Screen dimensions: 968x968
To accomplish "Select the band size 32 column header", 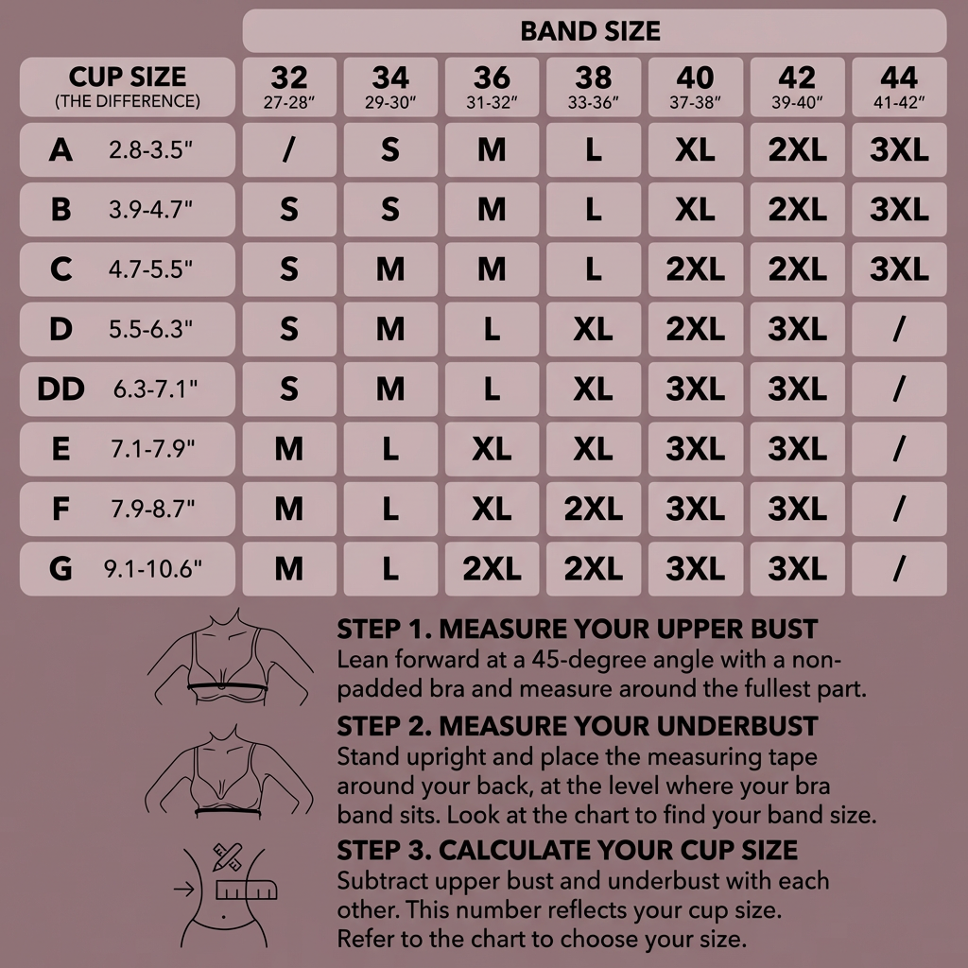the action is [x=289, y=87].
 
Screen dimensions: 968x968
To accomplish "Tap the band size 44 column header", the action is [x=899, y=87].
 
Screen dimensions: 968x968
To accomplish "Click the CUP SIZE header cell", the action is [x=128, y=87].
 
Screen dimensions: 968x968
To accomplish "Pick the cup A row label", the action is [x=128, y=149].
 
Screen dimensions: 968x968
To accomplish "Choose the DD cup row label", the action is [x=128, y=389].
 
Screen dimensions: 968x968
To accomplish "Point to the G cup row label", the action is [x=128, y=568].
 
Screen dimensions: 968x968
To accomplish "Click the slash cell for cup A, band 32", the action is [x=289, y=149].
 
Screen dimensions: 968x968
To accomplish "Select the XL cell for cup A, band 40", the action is [x=695, y=149].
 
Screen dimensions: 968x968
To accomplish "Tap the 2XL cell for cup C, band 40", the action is [x=695, y=269].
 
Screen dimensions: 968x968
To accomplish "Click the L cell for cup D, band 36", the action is [x=492, y=329].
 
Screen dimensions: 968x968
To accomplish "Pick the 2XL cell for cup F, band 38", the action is [x=594, y=509].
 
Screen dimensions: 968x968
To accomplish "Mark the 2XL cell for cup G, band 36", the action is [x=492, y=568].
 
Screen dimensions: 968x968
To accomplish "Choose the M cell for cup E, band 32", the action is [x=289, y=449].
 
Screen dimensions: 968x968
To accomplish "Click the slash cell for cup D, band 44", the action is [x=899, y=329].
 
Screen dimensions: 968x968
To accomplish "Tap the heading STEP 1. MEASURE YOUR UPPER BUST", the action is [x=578, y=629].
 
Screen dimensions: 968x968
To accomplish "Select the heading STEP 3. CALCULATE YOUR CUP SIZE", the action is [x=567, y=850].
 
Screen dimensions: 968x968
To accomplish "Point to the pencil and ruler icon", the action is [x=227, y=856].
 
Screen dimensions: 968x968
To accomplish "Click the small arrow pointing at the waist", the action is [x=184, y=890].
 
